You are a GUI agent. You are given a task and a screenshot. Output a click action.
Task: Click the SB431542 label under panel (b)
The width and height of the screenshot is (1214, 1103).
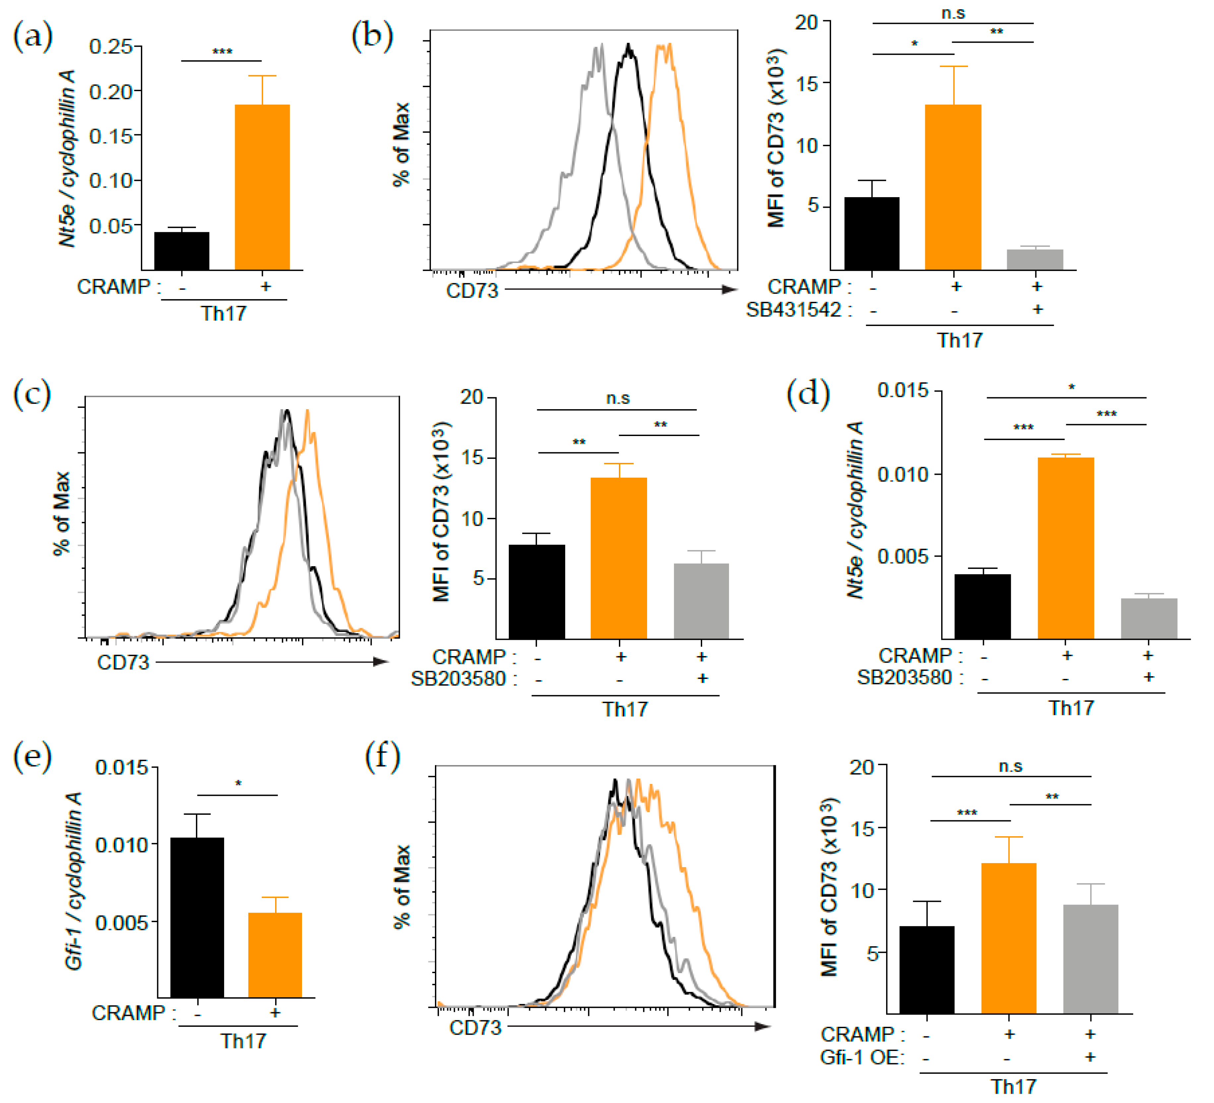click(x=794, y=310)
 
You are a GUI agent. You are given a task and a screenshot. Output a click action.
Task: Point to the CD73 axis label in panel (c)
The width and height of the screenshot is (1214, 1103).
click(x=123, y=663)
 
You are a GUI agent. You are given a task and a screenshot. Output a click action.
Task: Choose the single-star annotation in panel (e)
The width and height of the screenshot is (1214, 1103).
click(x=238, y=784)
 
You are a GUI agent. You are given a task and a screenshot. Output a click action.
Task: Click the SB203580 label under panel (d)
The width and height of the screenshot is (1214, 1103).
click(x=904, y=678)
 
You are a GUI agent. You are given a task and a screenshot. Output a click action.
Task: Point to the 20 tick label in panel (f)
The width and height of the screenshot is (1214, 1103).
click(x=861, y=767)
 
